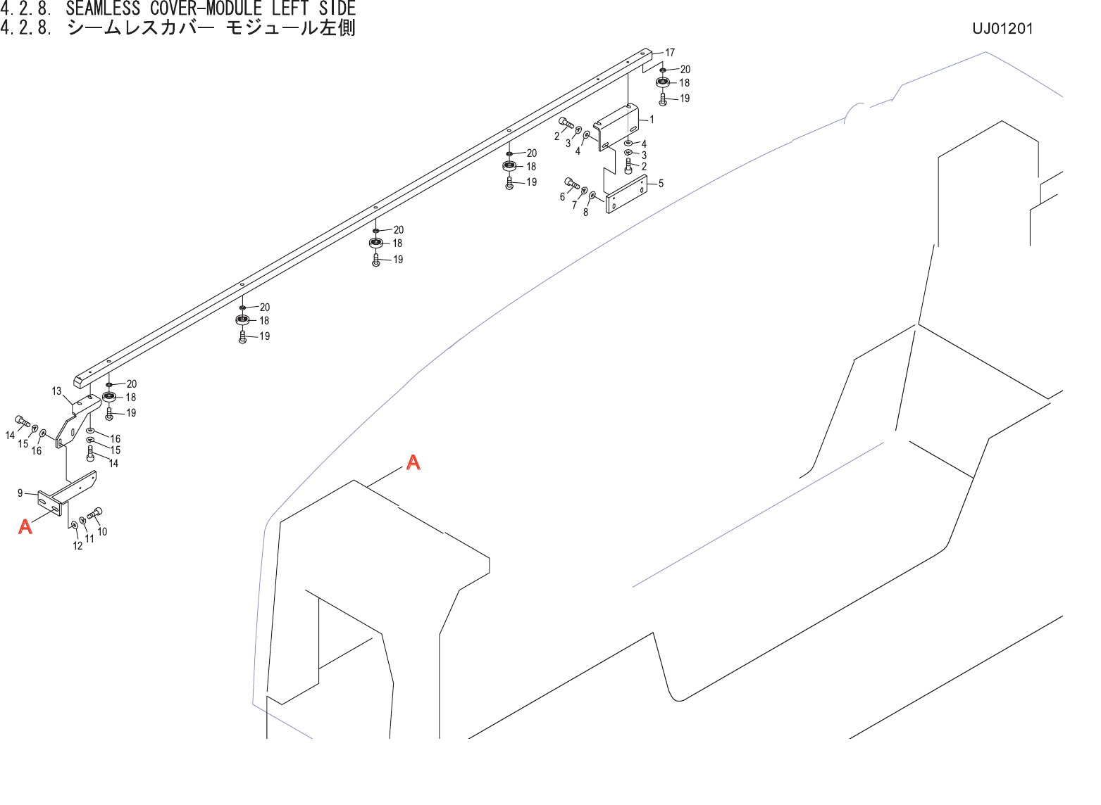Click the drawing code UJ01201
pyautogui.click(x=1002, y=29)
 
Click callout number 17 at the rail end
pyautogui.click(x=669, y=53)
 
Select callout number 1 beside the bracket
pyautogui.click(x=652, y=120)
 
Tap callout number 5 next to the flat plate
pyautogui.click(x=661, y=184)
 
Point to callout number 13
pyautogui.click(x=56, y=391)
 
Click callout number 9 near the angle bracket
pyautogui.click(x=20, y=493)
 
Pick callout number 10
pyautogui.click(x=102, y=532)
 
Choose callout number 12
pyautogui.click(x=77, y=546)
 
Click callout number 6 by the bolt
pyautogui.click(x=562, y=197)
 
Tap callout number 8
pyautogui.click(x=585, y=213)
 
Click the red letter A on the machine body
pyautogui.click(x=413, y=462)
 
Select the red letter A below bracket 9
pyautogui.click(x=25, y=526)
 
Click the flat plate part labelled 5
pyautogui.click(x=627, y=195)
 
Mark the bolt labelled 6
pyautogui.click(x=571, y=184)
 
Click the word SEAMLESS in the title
pyautogui.click(x=103, y=9)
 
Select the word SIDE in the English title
pyautogui.click(x=337, y=9)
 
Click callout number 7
pyautogui.click(x=574, y=205)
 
